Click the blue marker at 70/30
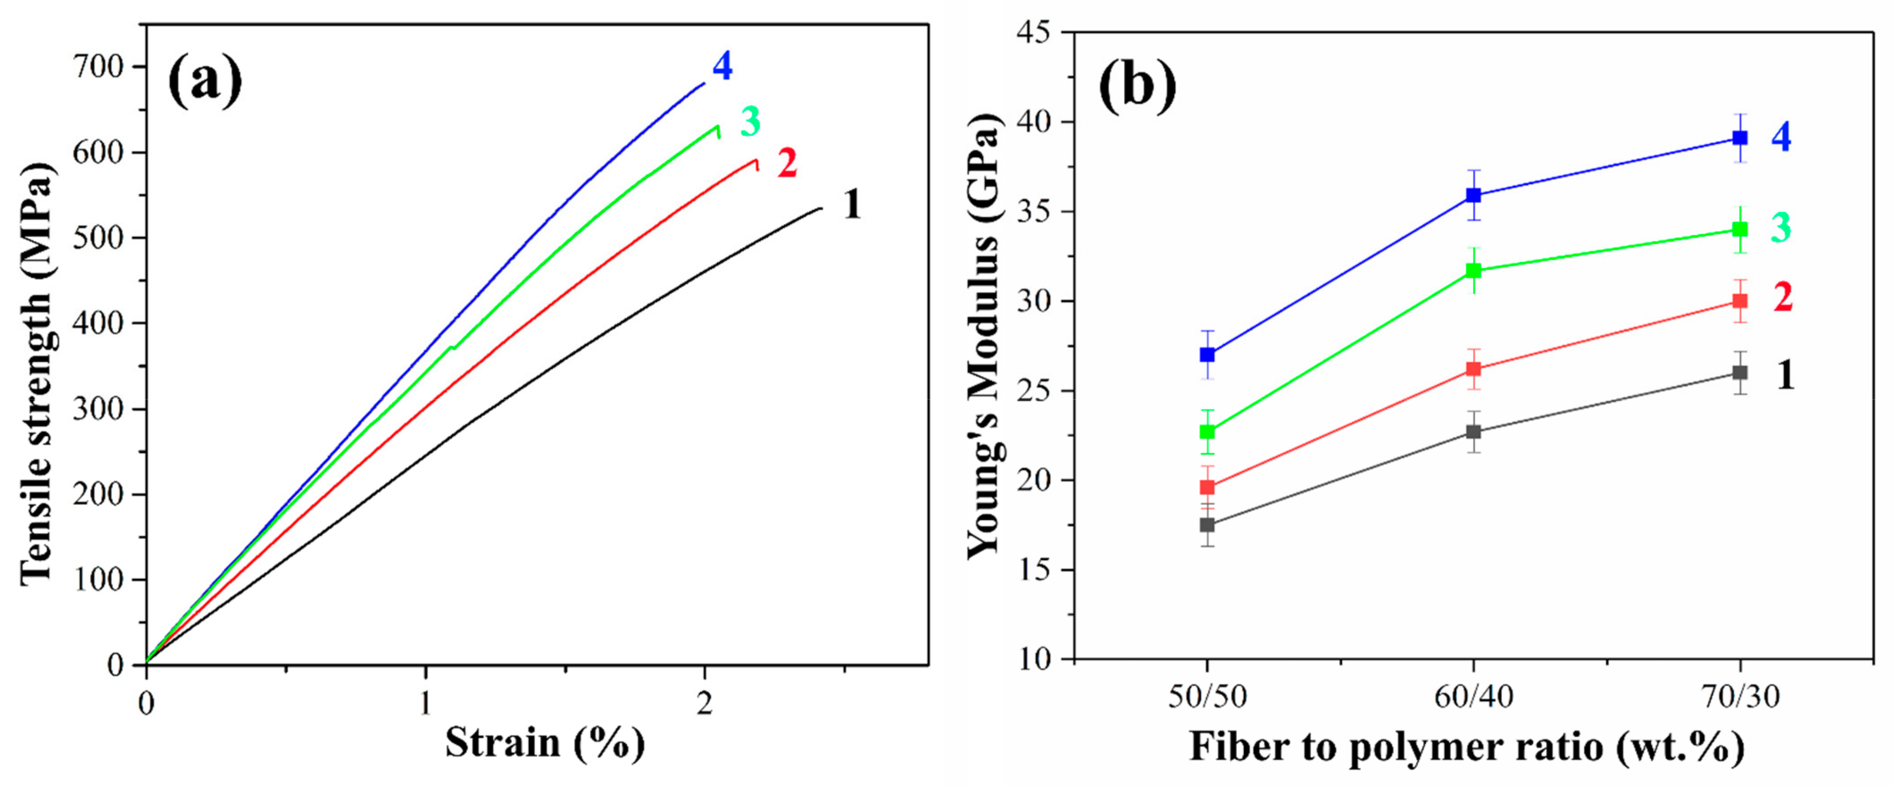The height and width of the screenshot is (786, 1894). click(x=1740, y=138)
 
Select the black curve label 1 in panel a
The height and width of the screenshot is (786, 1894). click(x=852, y=205)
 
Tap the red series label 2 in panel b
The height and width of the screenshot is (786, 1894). click(x=1782, y=298)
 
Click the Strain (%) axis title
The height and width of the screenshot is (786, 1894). click(x=544, y=743)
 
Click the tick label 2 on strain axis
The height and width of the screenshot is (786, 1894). click(x=705, y=703)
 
